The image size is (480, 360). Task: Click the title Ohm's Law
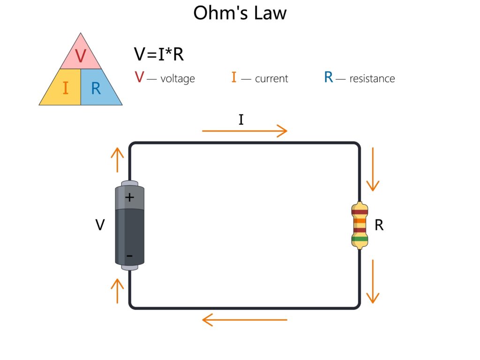pos(240,13)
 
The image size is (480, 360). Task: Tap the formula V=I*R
pos(158,54)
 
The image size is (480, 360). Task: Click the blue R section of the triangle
pos(97,88)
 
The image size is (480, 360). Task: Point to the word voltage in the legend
pos(177,79)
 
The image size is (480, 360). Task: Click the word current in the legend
pos(271,79)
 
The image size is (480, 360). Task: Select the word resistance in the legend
pos(372,79)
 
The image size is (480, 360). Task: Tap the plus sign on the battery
pos(130,197)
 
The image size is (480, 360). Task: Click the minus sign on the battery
pos(129,256)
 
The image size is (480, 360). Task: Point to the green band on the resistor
pos(360,239)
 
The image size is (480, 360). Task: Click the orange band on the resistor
pos(360,220)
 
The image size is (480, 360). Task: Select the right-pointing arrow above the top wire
pos(244,131)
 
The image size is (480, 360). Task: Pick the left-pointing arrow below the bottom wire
pos(244,320)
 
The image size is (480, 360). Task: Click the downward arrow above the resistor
pos(373,169)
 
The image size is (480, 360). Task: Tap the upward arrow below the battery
pos(117,290)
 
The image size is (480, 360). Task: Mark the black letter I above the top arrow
pos(241,120)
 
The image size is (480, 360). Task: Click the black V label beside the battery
pos(100,225)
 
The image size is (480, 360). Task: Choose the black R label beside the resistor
pos(379,225)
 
